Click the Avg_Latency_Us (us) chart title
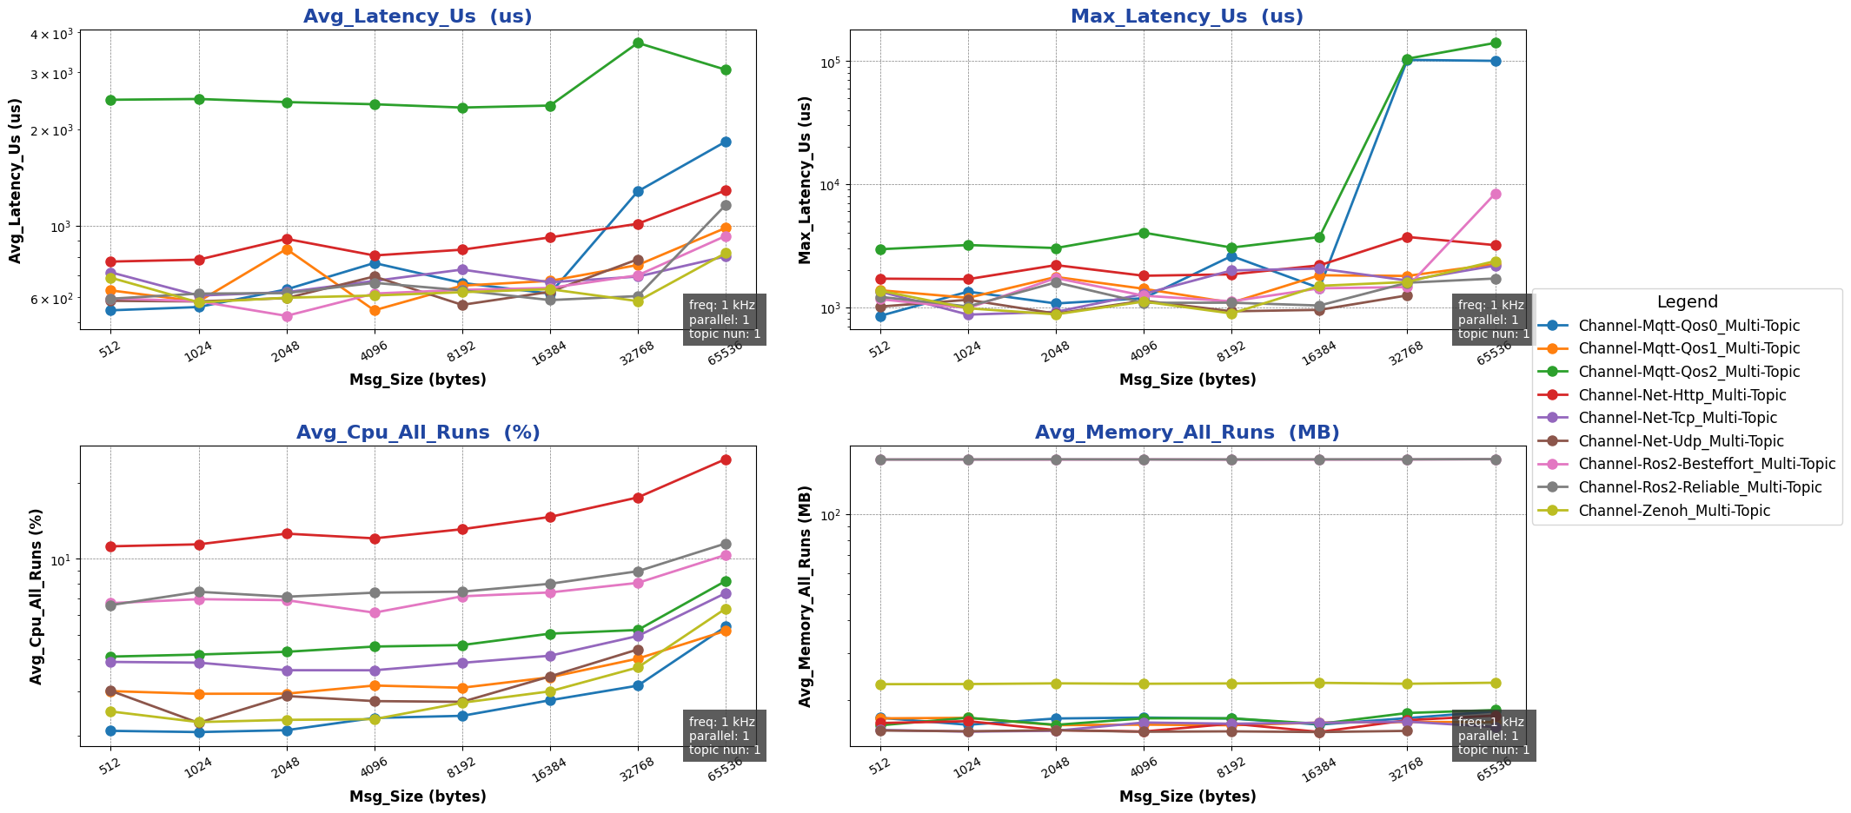click(417, 17)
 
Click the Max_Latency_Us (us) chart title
click(1187, 17)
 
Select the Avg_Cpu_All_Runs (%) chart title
click(417, 433)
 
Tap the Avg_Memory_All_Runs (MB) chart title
click(1187, 433)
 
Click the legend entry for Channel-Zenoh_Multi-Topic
click(1674, 511)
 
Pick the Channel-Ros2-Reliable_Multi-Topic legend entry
click(1700, 487)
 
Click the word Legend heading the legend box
click(1687, 302)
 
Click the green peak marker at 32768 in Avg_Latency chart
click(638, 43)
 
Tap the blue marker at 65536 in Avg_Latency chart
click(726, 142)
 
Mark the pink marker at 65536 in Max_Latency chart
click(1496, 194)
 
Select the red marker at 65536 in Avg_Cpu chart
click(726, 459)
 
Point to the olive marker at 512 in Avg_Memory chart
click(880, 684)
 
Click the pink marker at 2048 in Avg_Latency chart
click(287, 316)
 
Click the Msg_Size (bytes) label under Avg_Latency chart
click(417, 380)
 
